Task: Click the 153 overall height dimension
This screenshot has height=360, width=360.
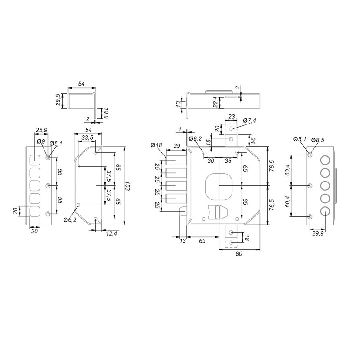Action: pyautogui.click(x=128, y=186)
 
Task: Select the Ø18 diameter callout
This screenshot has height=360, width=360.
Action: pyautogui.click(x=156, y=145)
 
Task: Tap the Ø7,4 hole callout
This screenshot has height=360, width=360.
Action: pyautogui.click(x=249, y=121)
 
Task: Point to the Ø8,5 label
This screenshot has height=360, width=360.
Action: pyautogui.click(x=318, y=140)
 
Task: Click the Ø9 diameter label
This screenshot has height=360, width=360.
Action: pyautogui.click(x=41, y=141)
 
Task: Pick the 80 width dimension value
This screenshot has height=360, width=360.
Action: pyautogui.click(x=239, y=254)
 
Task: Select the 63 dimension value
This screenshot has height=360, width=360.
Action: pyautogui.click(x=202, y=241)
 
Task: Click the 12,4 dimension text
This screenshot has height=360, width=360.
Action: pyautogui.click(x=111, y=233)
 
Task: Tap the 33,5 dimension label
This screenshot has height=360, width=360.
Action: pyautogui.click(x=87, y=138)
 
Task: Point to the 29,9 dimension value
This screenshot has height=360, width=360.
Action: pyautogui.click(x=318, y=233)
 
